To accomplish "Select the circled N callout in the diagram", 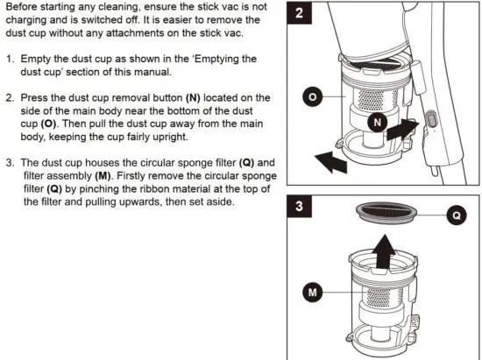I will (378, 124).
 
